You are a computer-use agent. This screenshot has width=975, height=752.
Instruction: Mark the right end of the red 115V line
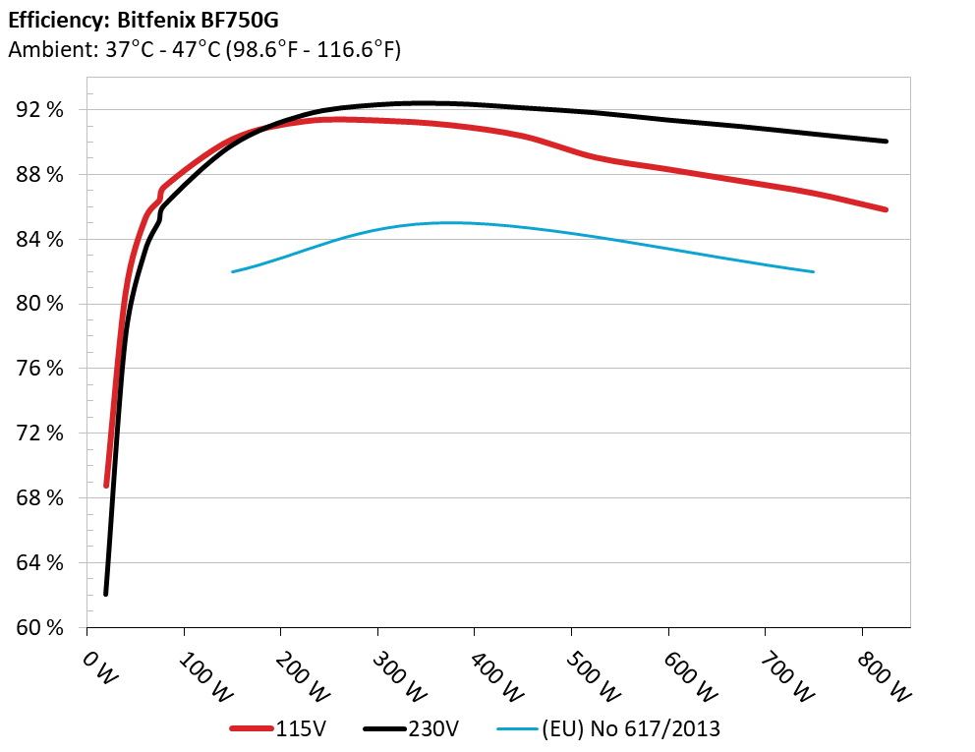tap(886, 209)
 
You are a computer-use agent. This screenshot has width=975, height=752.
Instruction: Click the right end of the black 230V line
tap(886, 142)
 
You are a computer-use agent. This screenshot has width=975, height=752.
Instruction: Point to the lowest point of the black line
tap(105, 594)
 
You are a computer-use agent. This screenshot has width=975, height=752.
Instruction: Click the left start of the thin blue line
tap(233, 271)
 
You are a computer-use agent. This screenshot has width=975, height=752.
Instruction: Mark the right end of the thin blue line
tap(814, 271)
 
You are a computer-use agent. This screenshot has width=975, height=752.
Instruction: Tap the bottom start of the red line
tap(106, 485)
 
